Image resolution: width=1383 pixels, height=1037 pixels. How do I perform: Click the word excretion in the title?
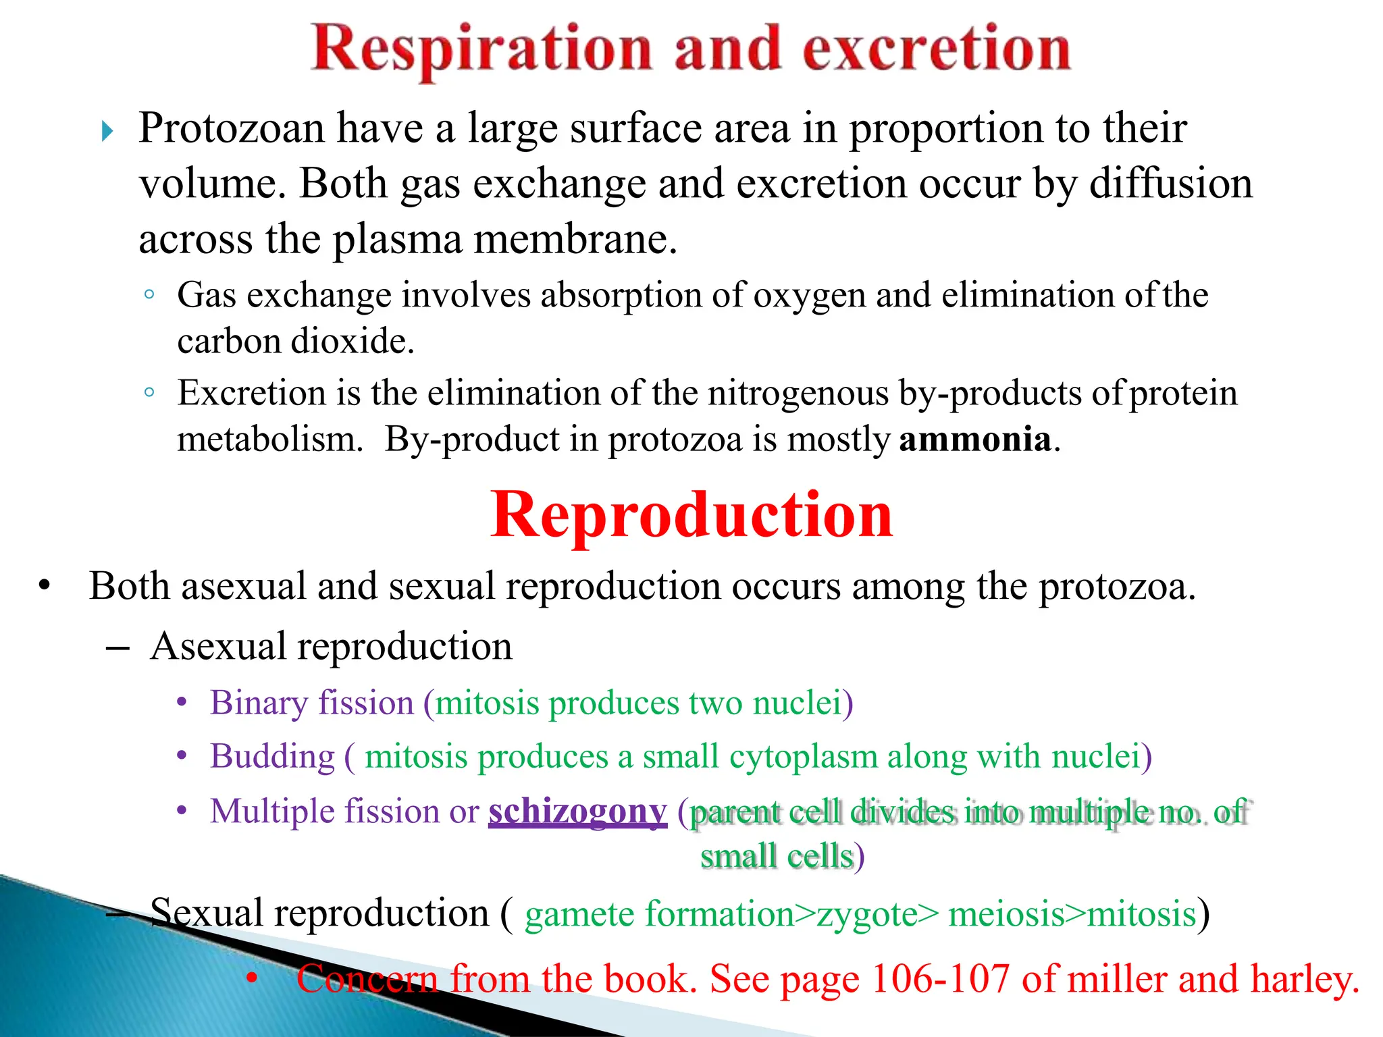(936, 49)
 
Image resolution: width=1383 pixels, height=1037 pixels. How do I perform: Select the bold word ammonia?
(974, 440)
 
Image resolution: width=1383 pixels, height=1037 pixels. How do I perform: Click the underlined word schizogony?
(577, 811)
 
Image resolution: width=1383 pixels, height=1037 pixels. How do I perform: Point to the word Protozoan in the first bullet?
(231, 128)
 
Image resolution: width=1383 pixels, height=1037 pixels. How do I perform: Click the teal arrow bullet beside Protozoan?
(107, 131)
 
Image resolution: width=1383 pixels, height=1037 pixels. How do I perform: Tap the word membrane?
(575, 239)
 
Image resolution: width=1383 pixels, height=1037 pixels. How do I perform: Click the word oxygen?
(808, 296)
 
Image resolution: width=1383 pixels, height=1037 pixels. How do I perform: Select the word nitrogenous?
(798, 393)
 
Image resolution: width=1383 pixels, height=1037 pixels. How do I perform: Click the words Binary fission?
(311, 703)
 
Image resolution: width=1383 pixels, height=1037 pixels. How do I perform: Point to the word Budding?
(272, 756)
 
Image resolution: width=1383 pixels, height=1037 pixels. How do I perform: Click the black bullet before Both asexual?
(45, 586)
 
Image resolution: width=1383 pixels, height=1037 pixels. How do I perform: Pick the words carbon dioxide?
(295, 341)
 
